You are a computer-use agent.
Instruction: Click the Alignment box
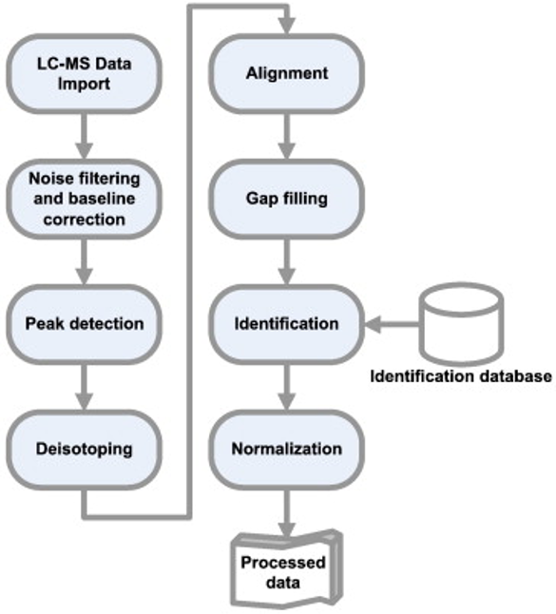coord(286,74)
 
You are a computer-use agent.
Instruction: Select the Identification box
coord(286,324)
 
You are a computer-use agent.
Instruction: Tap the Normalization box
coord(286,448)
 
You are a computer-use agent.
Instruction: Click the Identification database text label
coord(461,376)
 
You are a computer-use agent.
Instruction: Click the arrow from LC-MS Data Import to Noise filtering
coord(86,137)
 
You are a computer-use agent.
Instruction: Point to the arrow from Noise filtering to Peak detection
coord(86,261)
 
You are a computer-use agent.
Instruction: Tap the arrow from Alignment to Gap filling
coord(286,137)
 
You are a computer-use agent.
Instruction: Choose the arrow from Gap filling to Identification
coord(286,261)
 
